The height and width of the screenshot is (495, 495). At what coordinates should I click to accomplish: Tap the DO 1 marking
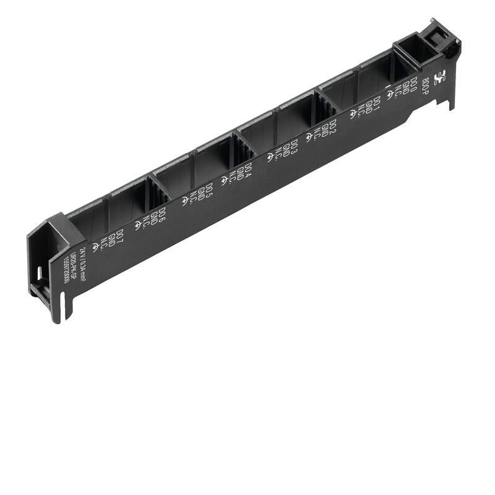coord(376,105)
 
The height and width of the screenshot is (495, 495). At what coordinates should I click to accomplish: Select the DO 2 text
coord(333,127)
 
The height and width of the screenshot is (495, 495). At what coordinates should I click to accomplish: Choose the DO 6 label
coord(162,215)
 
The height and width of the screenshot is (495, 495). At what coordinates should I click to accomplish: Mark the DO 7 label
coord(120,237)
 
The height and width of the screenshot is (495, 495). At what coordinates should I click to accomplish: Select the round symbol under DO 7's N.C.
coord(95,247)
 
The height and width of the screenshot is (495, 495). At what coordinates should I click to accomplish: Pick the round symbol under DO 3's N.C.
coord(270,157)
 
